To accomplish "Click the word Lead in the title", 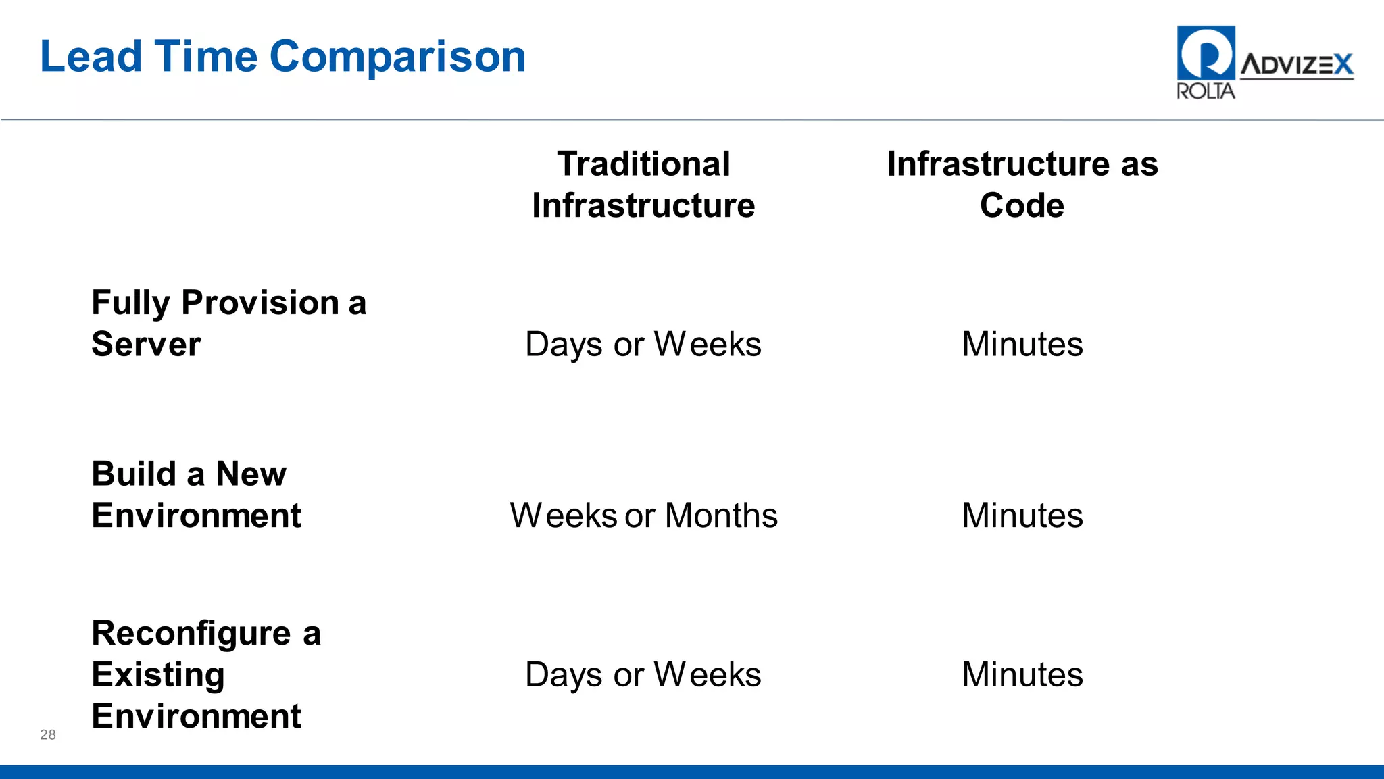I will [91, 57].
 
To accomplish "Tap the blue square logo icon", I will [1206, 53].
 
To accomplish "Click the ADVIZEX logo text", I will [1296, 65].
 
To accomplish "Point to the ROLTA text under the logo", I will [1205, 91].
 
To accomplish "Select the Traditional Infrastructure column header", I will [643, 184].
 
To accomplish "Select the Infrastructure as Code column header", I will [1022, 184].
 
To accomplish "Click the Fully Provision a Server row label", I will [228, 323].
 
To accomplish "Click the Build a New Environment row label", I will [196, 495].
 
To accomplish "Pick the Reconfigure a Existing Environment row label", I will [205, 674].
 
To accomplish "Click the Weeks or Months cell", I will [643, 516].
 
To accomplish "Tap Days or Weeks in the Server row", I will [643, 345].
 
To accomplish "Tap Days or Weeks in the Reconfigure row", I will [643, 675].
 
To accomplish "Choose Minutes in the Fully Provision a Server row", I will [1022, 345].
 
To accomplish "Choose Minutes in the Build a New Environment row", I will [1022, 516].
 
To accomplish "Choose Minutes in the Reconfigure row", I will [1022, 675].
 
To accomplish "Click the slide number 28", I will [48, 735].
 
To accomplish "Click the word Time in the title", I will [206, 57].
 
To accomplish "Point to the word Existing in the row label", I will [158, 675].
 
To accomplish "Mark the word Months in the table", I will [721, 516].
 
